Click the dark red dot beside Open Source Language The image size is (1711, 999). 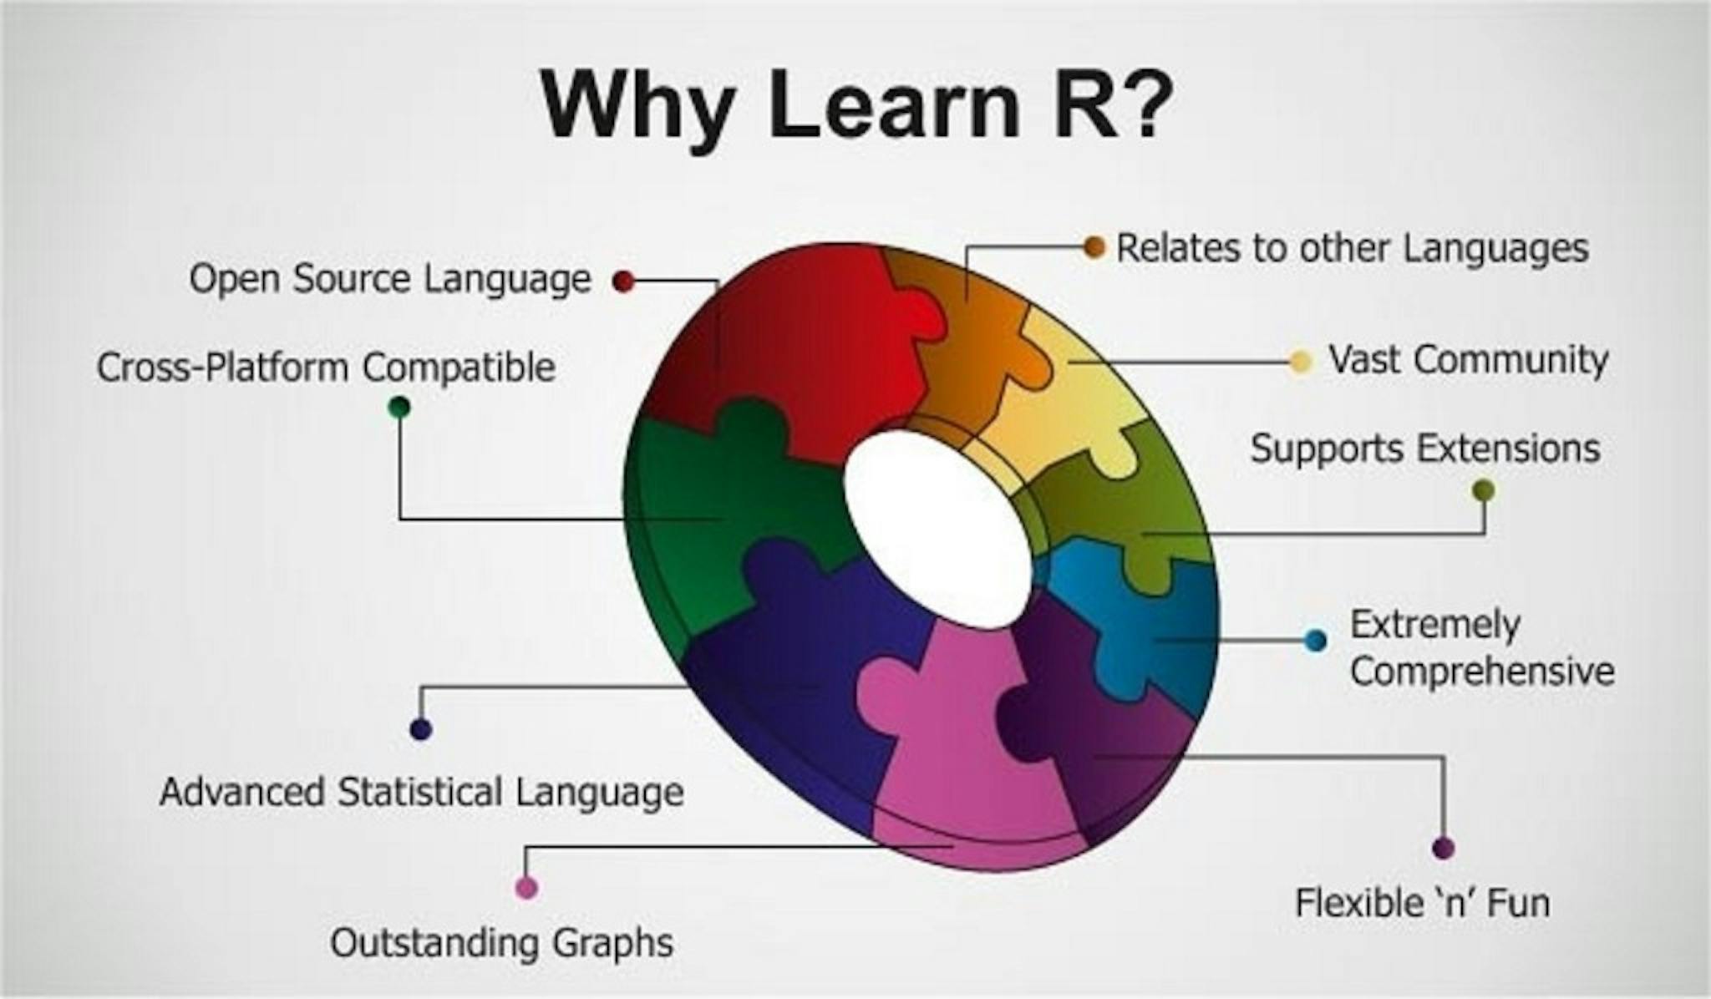click(622, 281)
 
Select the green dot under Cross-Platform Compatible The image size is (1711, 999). click(399, 408)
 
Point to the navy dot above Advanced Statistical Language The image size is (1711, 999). click(421, 729)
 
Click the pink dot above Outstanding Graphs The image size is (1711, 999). click(526, 887)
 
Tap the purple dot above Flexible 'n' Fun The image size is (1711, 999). click(1443, 849)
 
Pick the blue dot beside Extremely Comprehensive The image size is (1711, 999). click(1315, 641)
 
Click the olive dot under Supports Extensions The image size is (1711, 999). click(1484, 490)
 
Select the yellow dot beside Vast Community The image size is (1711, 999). click(1300, 363)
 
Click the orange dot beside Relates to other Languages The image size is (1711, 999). click(1094, 247)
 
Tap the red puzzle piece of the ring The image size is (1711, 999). click(802, 342)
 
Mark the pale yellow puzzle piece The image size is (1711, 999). click(1078, 401)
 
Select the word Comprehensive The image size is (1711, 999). click(1482, 672)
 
